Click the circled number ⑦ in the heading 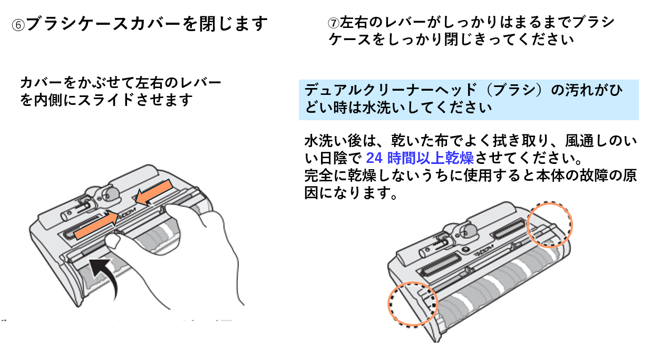(334, 24)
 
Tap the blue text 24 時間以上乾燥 (420, 158)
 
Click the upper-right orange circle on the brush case (549, 225)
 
